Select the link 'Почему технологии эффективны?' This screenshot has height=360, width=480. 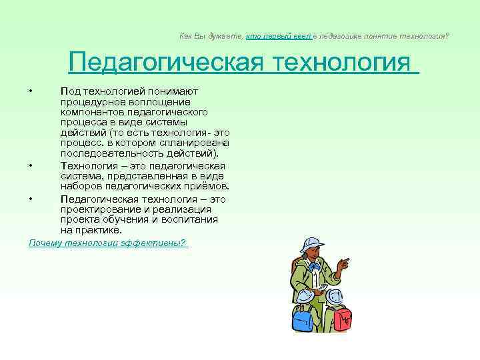(x=107, y=243)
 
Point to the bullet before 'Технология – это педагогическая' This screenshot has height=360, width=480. (x=31, y=165)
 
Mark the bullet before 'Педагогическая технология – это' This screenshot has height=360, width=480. (x=31, y=199)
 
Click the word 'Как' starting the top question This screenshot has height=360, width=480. (x=185, y=35)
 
